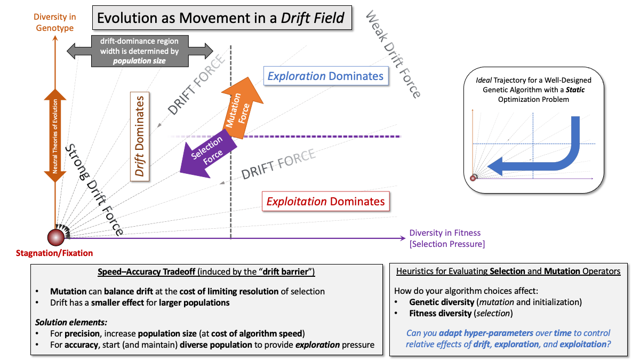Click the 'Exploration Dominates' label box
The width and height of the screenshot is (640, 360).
[x=325, y=76]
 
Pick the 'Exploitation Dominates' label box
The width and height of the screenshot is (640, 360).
[x=325, y=202]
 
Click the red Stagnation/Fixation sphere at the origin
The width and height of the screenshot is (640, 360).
[x=55, y=236]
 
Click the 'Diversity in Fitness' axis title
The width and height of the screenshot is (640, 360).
[x=445, y=233]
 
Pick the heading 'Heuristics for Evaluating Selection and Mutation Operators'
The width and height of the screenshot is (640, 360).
[x=508, y=271]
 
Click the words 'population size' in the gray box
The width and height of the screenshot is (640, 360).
[x=139, y=61]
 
